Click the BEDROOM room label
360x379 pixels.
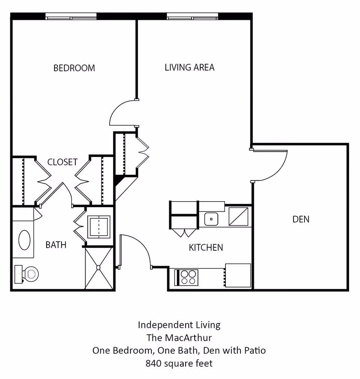[x=74, y=68]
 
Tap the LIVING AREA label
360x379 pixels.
[x=190, y=68]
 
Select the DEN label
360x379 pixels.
[x=301, y=219]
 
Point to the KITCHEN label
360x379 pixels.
[x=206, y=248]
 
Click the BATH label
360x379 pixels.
[x=56, y=245]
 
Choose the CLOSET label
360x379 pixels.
[x=62, y=162]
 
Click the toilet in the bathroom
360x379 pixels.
[x=27, y=274]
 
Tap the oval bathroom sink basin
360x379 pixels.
[x=24, y=240]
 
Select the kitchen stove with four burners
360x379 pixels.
[x=186, y=277]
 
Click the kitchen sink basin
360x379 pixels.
[x=211, y=219]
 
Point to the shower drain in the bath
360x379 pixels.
[x=98, y=268]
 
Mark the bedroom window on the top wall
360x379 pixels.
[x=71, y=17]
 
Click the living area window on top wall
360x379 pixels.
[x=193, y=17]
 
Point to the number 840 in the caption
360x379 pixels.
[x=153, y=363]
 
